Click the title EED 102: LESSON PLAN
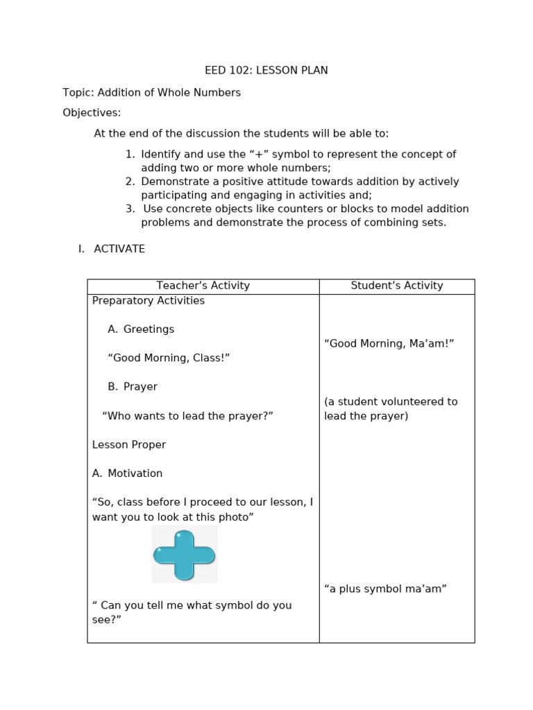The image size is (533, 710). [266, 71]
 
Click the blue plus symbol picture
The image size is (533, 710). [185, 554]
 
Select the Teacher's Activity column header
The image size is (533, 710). [203, 286]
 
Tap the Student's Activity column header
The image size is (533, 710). [396, 286]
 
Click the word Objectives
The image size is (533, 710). [92, 112]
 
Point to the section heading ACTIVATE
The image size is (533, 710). [119, 249]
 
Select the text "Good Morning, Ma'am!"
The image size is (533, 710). [389, 344]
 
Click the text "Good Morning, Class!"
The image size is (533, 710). [169, 358]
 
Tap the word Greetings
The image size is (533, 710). [149, 329]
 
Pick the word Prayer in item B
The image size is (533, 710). [140, 387]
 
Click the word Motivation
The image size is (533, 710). [135, 474]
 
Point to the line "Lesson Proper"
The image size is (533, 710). [129, 444]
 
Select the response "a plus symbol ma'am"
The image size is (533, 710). [385, 589]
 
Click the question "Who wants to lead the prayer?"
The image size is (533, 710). [187, 416]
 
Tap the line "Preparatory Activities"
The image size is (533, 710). [149, 301]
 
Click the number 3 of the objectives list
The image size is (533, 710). [130, 209]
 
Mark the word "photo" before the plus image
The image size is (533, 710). [237, 517]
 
